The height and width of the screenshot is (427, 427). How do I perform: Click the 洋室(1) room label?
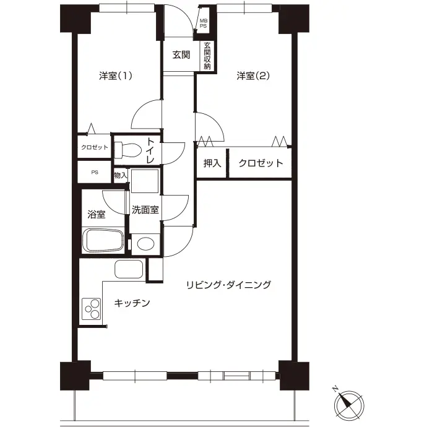click(116, 75)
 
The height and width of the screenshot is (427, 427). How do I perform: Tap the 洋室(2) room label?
click(253, 75)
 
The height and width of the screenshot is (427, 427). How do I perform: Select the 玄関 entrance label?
click(181, 55)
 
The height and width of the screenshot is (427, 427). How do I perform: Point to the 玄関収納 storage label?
click(207, 56)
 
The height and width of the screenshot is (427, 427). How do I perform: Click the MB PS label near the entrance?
click(204, 24)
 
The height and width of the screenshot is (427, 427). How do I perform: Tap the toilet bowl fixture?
click(128, 150)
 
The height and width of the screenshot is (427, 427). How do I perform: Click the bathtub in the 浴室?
click(103, 241)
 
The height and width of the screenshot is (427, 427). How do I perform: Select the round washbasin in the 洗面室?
click(145, 244)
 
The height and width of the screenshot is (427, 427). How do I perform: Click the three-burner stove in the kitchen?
click(92, 309)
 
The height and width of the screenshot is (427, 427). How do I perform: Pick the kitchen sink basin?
click(129, 269)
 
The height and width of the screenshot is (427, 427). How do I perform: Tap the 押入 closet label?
click(212, 163)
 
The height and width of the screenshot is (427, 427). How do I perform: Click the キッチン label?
click(132, 303)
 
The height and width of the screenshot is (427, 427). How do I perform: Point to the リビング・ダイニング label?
click(229, 285)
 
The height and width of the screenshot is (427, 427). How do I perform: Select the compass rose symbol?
click(348, 404)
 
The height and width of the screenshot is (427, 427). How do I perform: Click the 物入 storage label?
click(121, 175)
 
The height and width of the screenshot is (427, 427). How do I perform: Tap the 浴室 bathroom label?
click(97, 214)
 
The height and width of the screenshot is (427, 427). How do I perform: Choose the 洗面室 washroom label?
click(145, 210)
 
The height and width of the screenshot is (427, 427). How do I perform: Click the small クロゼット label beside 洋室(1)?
click(95, 147)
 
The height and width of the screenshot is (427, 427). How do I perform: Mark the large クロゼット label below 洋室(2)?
click(261, 163)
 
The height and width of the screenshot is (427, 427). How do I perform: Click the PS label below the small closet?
click(95, 173)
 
